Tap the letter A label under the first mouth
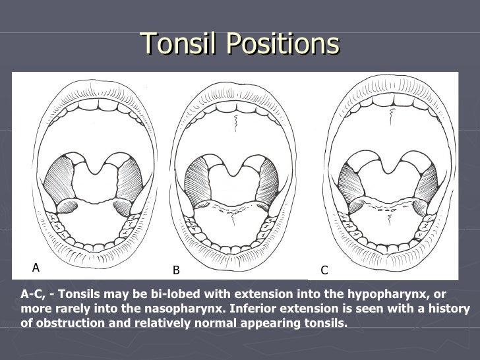[x=36, y=267]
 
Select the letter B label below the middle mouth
[x=176, y=270]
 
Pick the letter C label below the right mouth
[x=324, y=270]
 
